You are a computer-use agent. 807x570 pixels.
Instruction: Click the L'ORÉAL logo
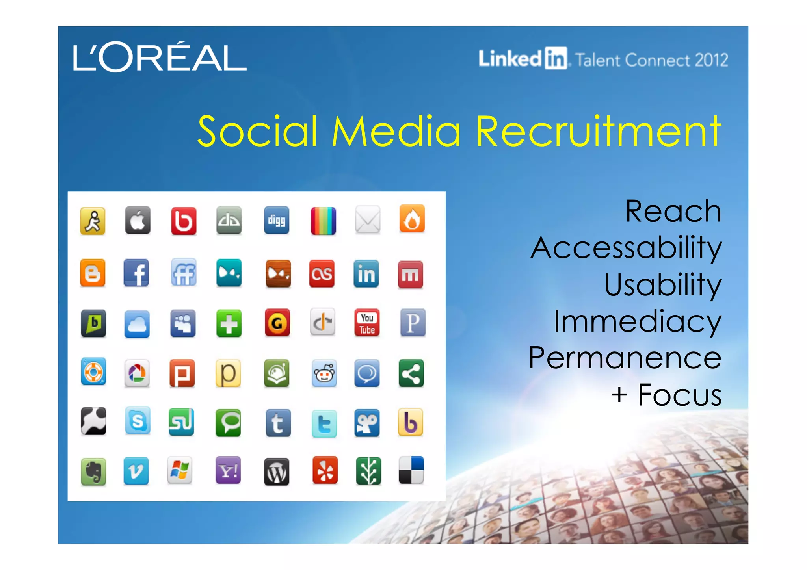click(x=160, y=58)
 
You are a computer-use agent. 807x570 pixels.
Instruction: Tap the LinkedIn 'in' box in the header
click(x=556, y=59)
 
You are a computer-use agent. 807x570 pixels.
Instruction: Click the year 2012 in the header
click(x=711, y=60)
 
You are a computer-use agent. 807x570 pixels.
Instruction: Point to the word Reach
click(x=673, y=212)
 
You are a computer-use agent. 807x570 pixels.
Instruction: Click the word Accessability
click(x=626, y=248)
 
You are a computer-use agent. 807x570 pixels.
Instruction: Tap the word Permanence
click(x=625, y=358)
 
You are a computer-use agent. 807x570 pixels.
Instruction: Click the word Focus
click(x=680, y=395)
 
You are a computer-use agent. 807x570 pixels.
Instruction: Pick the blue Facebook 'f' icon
click(x=136, y=273)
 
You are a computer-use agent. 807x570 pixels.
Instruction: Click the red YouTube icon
click(x=367, y=323)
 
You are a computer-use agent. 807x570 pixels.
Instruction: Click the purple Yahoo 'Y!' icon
click(x=228, y=470)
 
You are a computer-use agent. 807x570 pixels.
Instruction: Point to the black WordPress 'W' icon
click(x=276, y=472)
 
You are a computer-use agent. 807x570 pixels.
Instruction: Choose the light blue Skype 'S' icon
click(x=138, y=421)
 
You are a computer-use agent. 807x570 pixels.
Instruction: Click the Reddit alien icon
click(x=324, y=373)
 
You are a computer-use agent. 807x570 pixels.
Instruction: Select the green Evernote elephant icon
click(x=93, y=471)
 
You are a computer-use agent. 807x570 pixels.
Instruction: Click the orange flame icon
click(x=412, y=219)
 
